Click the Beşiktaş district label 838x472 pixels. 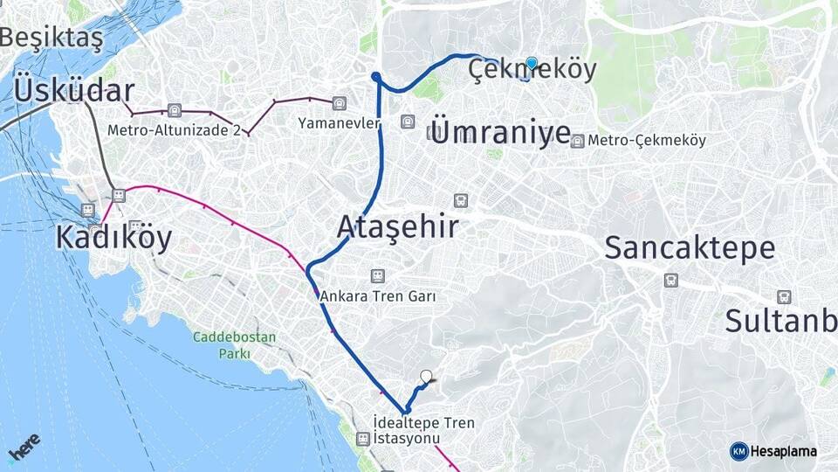click(51, 38)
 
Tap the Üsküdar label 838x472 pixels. click(74, 90)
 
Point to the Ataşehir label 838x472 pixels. click(398, 227)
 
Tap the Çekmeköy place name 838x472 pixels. click(532, 70)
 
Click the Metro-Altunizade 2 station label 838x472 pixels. click(174, 130)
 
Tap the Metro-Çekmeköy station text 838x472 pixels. click(647, 140)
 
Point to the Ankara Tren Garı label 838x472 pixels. click(377, 296)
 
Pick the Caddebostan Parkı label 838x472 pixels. click(234, 345)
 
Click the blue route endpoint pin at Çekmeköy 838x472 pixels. click(532, 63)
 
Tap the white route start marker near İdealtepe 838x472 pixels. click(426, 377)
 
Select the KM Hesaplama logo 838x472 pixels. click(773, 451)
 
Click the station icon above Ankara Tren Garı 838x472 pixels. click(377, 276)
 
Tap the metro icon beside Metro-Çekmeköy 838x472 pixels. click(577, 141)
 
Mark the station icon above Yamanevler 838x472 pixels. click(339, 104)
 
